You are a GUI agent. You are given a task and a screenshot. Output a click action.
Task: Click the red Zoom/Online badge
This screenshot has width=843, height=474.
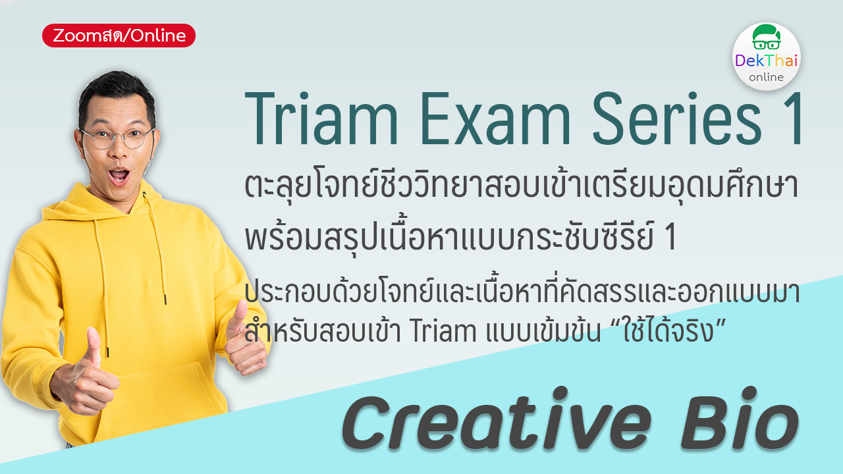coord(119,36)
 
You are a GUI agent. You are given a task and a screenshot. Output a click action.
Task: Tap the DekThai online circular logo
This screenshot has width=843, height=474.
coord(766,57)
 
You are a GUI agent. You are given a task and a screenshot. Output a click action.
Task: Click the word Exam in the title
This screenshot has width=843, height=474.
coord(495,118)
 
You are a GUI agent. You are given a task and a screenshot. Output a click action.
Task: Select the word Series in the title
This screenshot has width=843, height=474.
coord(677,118)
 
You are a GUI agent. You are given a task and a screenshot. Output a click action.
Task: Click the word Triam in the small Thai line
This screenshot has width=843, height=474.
coord(443,331)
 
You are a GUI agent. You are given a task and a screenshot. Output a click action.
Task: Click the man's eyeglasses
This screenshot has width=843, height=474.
coord(117,137)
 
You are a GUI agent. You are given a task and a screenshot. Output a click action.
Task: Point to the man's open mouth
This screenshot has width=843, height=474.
coord(119,175)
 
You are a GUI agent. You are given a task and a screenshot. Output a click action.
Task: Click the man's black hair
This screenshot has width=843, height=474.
coord(116,94)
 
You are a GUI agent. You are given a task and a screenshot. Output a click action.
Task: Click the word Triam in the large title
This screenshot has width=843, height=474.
coord(321,118)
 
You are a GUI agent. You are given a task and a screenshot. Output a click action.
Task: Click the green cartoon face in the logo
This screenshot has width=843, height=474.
coord(766,38)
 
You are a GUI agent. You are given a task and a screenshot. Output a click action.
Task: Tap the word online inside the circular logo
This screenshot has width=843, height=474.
coord(766,77)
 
